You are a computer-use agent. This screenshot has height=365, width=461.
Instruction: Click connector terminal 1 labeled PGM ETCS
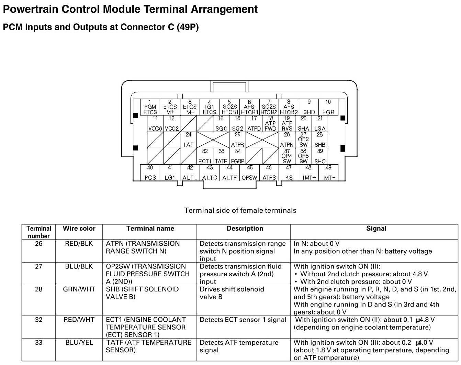point(150,107)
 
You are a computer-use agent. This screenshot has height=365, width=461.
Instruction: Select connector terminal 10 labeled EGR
point(328,107)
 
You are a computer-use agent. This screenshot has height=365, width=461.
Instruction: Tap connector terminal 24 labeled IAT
point(189,140)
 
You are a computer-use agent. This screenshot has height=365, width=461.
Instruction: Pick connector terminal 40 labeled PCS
point(150,173)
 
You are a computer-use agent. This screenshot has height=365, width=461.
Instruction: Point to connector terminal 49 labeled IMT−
point(328,173)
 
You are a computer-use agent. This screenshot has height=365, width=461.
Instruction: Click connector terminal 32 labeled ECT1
point(205,156)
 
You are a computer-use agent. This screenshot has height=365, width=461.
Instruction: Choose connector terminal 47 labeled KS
point(289,173)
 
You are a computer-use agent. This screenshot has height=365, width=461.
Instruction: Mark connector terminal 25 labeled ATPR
point(237,140)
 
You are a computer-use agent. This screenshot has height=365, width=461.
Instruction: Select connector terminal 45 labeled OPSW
point(249,173)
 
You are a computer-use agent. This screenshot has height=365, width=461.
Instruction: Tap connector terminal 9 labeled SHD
point(309,107)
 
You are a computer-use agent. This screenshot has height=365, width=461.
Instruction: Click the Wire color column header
point(79,229)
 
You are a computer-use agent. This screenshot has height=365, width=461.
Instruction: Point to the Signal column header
point(376,229)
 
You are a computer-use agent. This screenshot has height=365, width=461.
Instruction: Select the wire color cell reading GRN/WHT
point(79,289)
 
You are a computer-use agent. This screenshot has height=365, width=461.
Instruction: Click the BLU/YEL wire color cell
point(79,343)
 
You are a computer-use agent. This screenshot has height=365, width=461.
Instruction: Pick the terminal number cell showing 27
point(39,266)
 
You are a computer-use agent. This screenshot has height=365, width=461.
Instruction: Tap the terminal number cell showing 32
point(39,320)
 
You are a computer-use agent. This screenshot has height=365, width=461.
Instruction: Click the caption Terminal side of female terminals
point(240,210)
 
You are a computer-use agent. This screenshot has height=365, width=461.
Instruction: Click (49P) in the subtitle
point(188,27)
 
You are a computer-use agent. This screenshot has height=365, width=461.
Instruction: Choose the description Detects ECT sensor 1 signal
point(243,320)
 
